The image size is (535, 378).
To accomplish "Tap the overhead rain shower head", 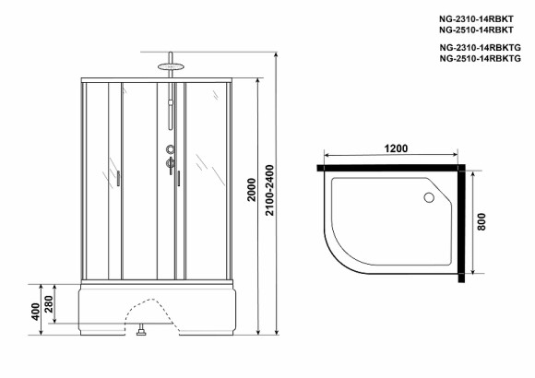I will tap(169, 65).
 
